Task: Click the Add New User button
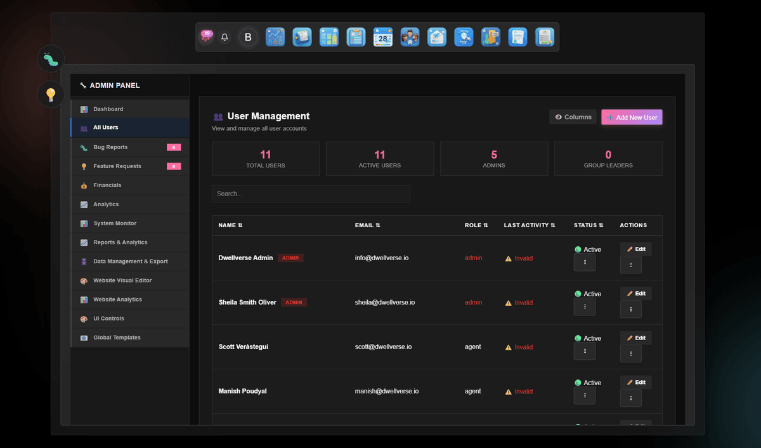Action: (x=632, y=117)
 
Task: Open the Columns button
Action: (x=573, y=117)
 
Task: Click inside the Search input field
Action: (x=311, y=194)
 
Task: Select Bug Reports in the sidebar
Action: (x=110, y=147)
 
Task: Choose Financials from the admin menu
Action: (x=107, y=185)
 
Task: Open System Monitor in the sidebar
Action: (x=115, y=223)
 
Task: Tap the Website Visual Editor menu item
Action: (x=122, y=280)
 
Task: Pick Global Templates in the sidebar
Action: (x=117, y=338)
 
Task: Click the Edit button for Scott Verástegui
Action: (x=635, y=338)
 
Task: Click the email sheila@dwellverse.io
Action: (x=385, y=303)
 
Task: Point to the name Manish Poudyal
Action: (x=242, y=392)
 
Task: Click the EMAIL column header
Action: (x=367, y=225)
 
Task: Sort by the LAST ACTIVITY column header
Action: (x=529, y=225)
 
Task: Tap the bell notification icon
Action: (x=224, y=37)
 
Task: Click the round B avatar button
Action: (x=248, y=37)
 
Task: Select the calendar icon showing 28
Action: (x=383, y=37)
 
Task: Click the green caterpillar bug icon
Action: (x=51, y=59)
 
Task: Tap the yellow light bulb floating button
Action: (x=51, y=95)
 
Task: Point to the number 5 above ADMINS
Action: (x=494, y=155)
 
